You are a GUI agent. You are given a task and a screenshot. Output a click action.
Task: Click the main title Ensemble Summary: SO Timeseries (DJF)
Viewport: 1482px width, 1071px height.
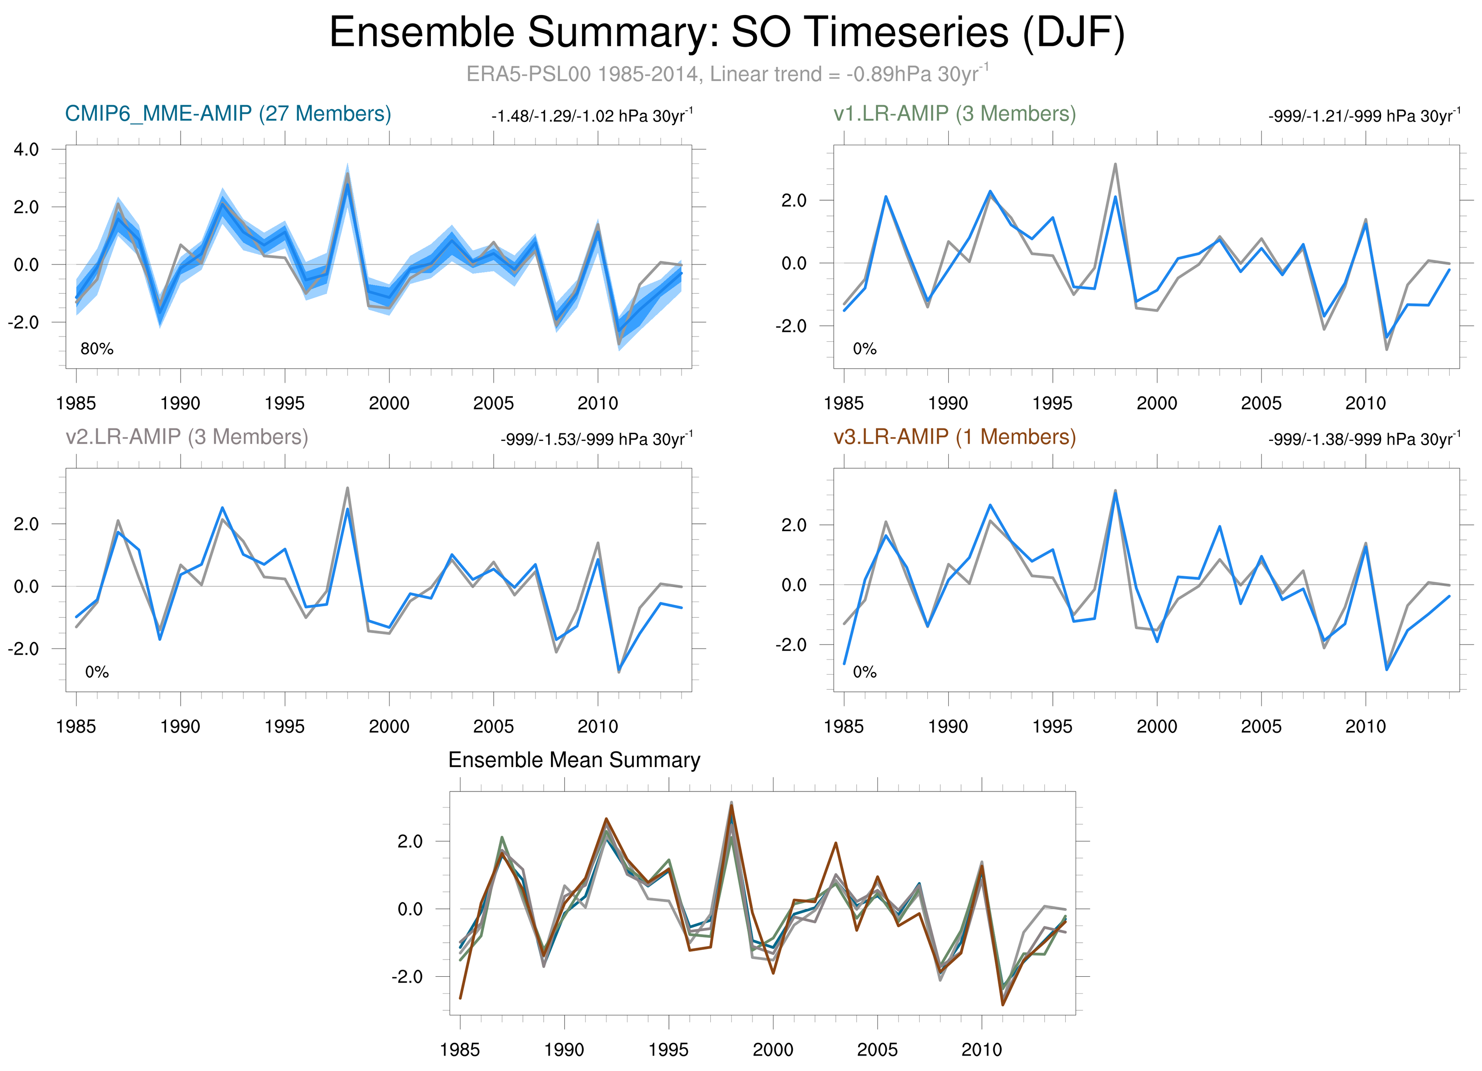coord(727,33)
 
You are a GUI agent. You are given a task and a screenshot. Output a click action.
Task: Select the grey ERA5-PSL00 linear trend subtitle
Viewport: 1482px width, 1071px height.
coord(727,74)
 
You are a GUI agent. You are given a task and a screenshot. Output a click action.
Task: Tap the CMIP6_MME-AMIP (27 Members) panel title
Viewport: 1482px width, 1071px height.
coord(228,114)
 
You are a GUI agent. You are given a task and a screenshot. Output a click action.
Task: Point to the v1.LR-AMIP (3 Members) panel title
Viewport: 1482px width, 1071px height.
coord(955,114)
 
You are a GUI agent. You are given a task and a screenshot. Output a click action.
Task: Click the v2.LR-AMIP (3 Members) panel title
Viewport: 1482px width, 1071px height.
coord(187,437)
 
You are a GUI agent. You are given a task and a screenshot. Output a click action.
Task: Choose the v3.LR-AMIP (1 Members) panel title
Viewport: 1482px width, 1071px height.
coord(955,437)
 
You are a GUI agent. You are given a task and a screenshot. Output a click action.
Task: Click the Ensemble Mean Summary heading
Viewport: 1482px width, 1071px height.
coord(574,760)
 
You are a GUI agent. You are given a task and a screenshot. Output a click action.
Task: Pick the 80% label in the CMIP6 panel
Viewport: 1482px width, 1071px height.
coord(97,349)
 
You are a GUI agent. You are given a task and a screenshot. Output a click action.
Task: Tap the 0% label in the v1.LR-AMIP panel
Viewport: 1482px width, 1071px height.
coord(865,349)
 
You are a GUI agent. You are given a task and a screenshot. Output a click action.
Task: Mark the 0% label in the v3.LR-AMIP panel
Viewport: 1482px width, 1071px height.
coord(865,672)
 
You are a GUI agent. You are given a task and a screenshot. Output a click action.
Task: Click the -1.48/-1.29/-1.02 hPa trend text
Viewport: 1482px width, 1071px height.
coord(592,117)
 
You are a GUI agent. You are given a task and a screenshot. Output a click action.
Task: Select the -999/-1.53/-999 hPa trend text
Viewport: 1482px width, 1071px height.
coord(596,439)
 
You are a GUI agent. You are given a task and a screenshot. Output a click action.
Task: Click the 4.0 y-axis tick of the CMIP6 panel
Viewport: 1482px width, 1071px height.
coord(26,150)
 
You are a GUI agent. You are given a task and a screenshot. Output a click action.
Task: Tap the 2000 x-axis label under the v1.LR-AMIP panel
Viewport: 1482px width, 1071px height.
coord(1157,403)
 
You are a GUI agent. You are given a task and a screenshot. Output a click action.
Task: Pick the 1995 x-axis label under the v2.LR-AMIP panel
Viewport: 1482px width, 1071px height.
coord(284,726)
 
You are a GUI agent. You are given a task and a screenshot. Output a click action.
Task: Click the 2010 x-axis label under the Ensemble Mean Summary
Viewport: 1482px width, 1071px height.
coord(981,1050)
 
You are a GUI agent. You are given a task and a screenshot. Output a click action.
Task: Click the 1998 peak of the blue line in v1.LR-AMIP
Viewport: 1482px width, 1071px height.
coord(1115,197)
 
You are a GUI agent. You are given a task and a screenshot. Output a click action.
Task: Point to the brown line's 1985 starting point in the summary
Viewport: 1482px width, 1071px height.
coord(460,998)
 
